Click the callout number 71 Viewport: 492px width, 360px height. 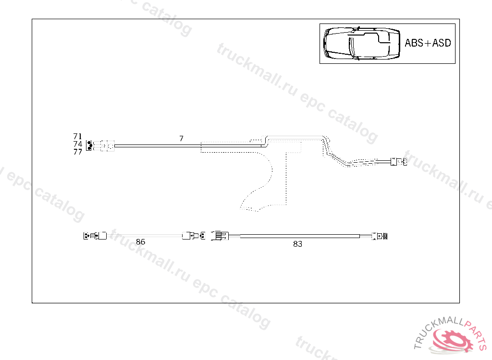tap(77, 136)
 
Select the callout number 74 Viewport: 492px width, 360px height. tap(77, 144)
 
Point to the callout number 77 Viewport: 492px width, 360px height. tap(77, 152)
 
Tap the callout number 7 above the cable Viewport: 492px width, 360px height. tap(181, 138)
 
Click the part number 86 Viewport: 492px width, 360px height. tap(141, 242)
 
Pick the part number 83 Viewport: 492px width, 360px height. tap(297, 244)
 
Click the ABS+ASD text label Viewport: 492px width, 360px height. tap(428, 43)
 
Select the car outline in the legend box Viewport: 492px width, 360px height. tap(362, 43)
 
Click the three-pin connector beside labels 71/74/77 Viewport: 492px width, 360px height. tap(89, 146)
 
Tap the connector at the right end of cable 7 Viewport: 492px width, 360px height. tap(398, 162)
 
